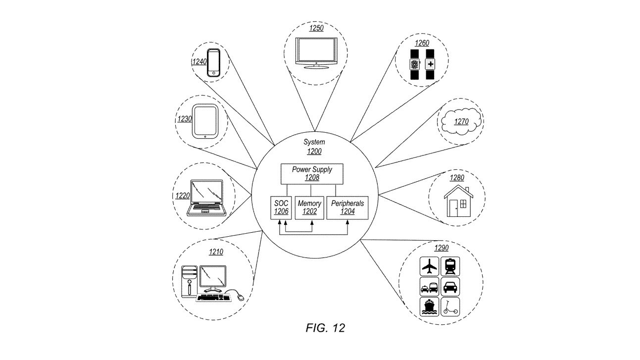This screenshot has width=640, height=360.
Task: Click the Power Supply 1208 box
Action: (x=311, y=173)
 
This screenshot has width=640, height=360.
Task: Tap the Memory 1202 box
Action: (x=309, y=207)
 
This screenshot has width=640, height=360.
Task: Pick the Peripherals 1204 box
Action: (x=347, y=207)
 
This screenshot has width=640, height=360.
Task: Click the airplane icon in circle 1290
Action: (x=429, y=267)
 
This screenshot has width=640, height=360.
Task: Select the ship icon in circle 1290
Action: (x=429, y=307)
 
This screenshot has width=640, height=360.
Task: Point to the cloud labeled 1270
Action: (x=461, y=120)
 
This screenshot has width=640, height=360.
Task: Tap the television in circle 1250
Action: (x=315, y=51)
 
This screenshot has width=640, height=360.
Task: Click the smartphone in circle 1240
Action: (x=213, y=62)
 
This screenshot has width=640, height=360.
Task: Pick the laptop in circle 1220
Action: (x=206, y=197)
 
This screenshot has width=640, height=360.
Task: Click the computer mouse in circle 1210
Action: (x=240, y=297)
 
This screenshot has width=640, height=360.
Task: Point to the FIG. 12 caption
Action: (x=325, y=328)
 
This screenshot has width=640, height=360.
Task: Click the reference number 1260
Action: (x=422, y=43)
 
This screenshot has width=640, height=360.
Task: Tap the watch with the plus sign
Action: (x=430, y=64)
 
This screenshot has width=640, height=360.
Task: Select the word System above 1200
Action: (x=314, y=142)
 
